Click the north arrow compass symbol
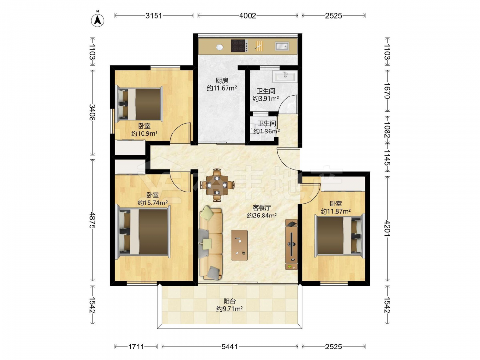pyautogui.click(x=97, y=20)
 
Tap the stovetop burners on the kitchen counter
pyautogui.click(x=239, y=46)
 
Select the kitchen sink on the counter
pyautogui.click(x=282, y=46)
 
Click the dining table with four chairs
pyautogui.click(x=217, y=185)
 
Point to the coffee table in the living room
pyautogui.click(x=240, y=245)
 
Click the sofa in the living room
pyautogui.click(x=211, y=244)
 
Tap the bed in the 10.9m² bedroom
pyautogui.click(x=140, y=103)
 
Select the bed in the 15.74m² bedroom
pyautogui.click(x=144, y=231)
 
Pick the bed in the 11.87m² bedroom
pyautogui.click(x=339, y=235)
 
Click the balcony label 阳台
pyautogui.click(x=229, y=301)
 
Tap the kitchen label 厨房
pyautogui.click(x=222, y=81)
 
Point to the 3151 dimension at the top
pyautogui.click(x=154, y=16)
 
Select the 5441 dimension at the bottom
pyautogui.click(x=229, y=347)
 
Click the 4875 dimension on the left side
pyautogui.click(x=92, y=220)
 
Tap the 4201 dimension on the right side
pyautogui.click(x=387, y=228)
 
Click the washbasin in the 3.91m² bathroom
pyautogui.click(x=285, y=76)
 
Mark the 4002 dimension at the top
pyautogui.click(x=247, y=16)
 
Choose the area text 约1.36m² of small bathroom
pyautogui.click(x=266, y=132)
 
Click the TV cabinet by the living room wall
pyautogui.click(x=291, y=244)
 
